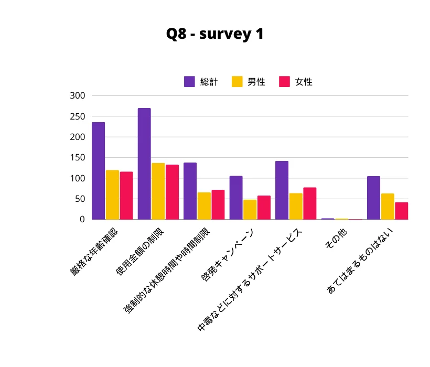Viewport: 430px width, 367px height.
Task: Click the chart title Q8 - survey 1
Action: (x=214, y=34)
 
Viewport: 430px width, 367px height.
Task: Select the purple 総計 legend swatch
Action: (x=189, y=82)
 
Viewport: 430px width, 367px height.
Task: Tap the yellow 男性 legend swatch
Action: (x=237, y=82)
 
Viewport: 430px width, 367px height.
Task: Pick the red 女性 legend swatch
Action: (x=284, y=82)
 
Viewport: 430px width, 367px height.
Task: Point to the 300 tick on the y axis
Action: (x=78, y=95)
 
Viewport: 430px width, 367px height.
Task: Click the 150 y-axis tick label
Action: (x=78, y=158)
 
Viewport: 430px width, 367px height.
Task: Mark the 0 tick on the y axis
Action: (x=82, y=219)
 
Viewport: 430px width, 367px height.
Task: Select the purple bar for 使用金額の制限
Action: (x=144, y=164)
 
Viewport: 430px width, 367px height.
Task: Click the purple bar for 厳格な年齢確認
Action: (x=98, y=171)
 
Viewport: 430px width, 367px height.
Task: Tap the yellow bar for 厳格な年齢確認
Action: (x=112, y=195)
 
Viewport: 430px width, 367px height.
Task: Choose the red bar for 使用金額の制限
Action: (x=172, y=192)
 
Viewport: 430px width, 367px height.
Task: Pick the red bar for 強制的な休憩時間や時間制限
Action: (x=218, y=205)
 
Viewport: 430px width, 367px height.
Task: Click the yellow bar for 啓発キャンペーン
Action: (x=250, y=210)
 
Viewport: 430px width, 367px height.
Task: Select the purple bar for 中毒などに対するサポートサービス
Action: (x=282, y=190)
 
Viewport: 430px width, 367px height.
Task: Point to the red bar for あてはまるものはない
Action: (x=402, y=211)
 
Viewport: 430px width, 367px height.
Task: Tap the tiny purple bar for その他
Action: (x=328, y=219)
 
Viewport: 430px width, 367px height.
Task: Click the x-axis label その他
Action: (x=336, y=239)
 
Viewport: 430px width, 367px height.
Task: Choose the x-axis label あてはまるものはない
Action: (x=360, y=261)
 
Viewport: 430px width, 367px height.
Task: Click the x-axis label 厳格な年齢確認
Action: (x=94, y=252)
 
